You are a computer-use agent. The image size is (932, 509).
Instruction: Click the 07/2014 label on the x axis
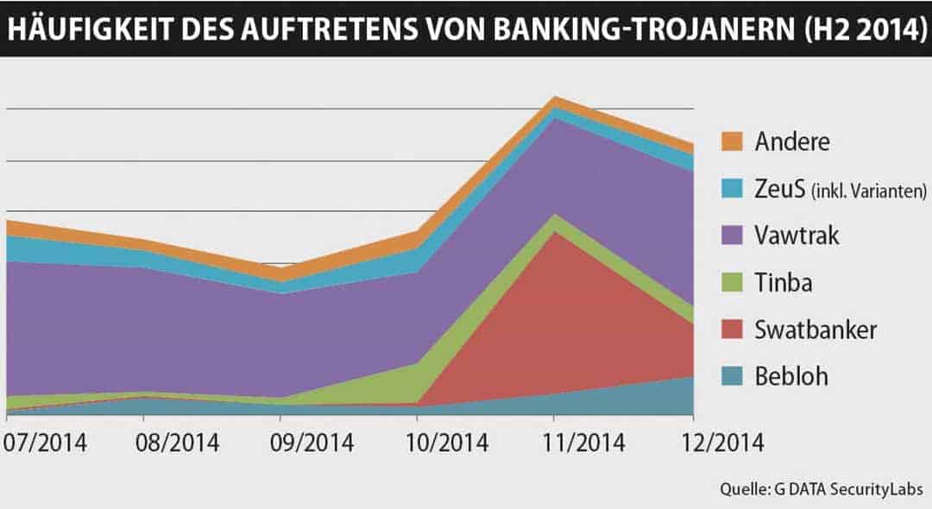point(45,444)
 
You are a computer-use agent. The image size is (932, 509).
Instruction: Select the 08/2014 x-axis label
point(177,444)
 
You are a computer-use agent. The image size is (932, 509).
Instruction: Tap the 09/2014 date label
point(312,444)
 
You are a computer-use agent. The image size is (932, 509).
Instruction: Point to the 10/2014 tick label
point(446,444)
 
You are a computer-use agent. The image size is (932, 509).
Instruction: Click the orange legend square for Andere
point(732,141)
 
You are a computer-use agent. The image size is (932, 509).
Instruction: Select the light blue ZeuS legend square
point(732,189)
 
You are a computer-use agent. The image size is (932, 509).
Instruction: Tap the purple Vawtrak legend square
point(732,236)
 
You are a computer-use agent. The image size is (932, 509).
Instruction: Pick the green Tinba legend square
point(732,283)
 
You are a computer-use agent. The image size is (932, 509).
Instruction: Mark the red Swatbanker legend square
point(732,330)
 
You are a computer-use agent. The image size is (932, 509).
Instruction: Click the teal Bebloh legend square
point(732,377)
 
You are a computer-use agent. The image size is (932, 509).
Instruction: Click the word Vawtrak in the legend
point(796,236)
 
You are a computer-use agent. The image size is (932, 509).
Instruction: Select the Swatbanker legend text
point(815,330)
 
